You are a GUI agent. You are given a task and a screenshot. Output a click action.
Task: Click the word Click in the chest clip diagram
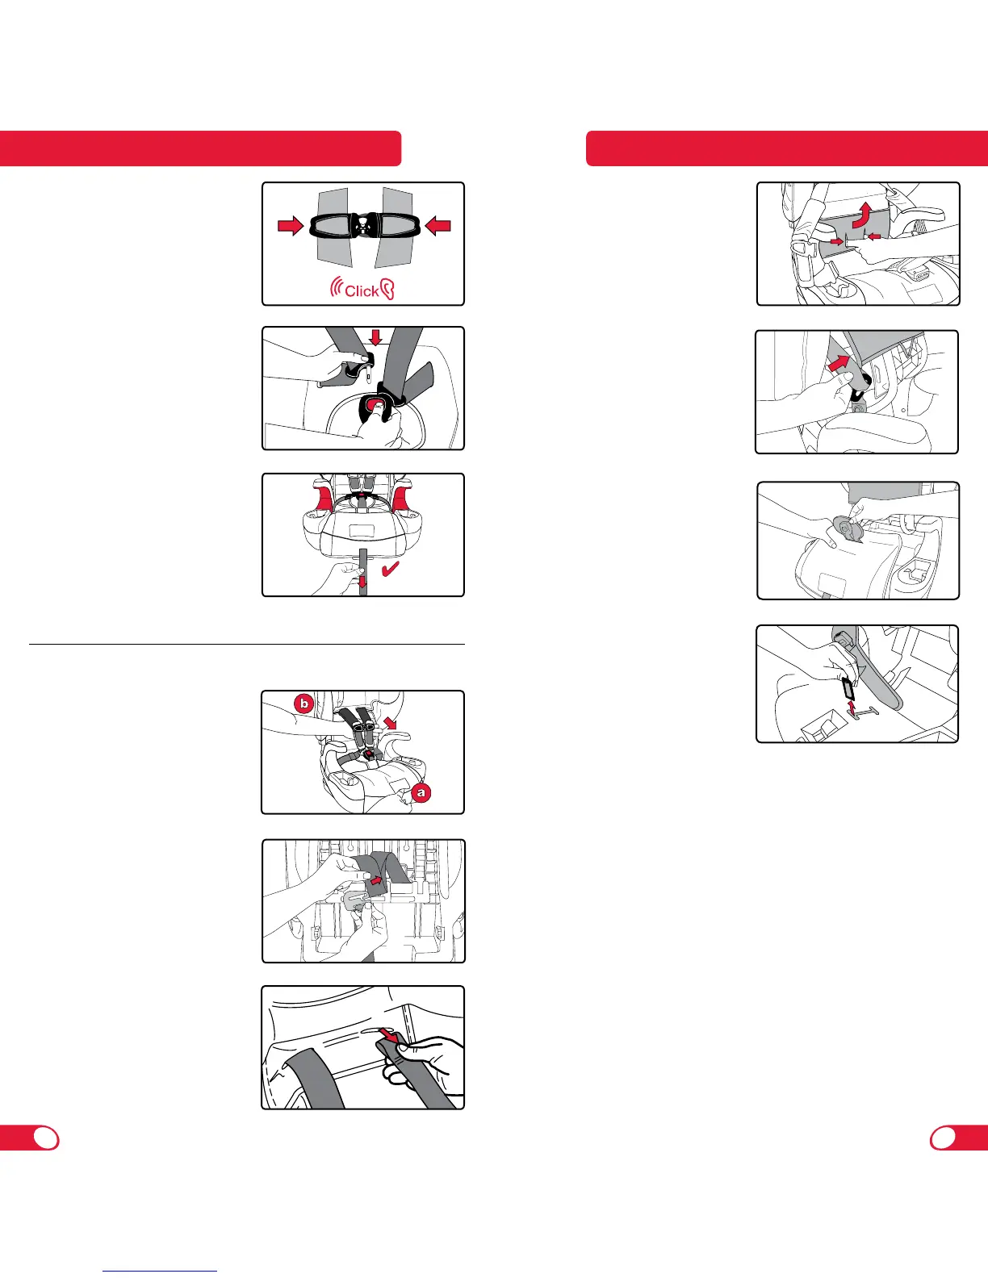tap(362, 290)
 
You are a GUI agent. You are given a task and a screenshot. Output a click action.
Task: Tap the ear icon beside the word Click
tap(387, 290)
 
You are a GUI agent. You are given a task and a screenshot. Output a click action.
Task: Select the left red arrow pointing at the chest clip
tap(291, 225)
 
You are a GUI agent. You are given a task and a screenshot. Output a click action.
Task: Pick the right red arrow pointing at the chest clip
tap(437, 225)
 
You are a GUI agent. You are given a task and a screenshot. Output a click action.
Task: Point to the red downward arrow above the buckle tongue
tap(375, 336)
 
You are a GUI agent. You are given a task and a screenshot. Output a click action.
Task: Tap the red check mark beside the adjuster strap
tap(391, 569)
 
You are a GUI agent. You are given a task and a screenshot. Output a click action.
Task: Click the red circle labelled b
tap(304, 704)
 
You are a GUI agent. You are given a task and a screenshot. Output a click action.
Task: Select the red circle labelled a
tap(421, 792)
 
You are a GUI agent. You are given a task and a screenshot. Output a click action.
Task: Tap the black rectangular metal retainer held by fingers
tap(848, 687)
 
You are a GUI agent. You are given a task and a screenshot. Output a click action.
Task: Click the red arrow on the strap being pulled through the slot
tap(387, 1048)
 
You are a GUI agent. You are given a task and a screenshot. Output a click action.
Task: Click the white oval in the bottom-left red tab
tap(47, 1138)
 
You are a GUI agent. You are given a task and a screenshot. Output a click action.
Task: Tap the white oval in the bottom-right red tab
tap(944, 1138)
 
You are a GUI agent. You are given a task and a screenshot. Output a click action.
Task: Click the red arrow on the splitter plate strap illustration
tap(375, 880)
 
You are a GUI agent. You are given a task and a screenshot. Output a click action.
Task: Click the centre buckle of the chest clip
tap(364, 225)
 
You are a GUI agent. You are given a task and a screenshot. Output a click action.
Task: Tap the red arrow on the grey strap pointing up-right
tap(839, 361)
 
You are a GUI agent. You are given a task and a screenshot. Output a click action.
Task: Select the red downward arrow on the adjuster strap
tap(363, 582)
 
